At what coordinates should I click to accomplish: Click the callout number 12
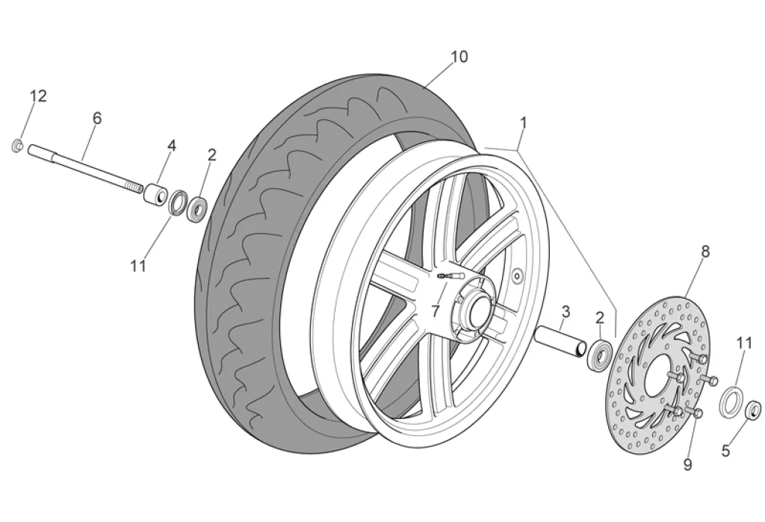click(x=38, y=96)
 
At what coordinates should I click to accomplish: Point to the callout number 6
click(x=97, y=118)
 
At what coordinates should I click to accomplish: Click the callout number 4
click(x=172, y=145)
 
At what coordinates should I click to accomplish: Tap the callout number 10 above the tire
click(x=459, y=56)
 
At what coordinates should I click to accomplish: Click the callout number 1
click(x=524, y=121)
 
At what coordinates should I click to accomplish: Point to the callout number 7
click(x=435, y=310)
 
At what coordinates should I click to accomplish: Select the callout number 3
click(x=566, y=310)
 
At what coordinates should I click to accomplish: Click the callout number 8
click(x=704, y=252)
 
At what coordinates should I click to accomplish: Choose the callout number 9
click(x=687, y=464)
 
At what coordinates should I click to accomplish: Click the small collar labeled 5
click(x=754, y=408)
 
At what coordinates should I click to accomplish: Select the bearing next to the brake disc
click(x=599, y=353)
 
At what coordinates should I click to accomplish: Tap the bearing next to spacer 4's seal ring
click(x=198, y=208)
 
